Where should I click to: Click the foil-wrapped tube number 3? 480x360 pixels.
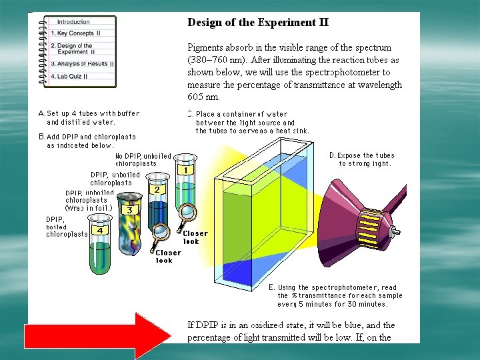[129, 223]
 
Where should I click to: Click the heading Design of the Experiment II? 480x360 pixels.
[257, 22]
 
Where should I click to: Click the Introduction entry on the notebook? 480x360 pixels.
[73, 22]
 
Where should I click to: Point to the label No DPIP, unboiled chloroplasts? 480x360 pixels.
[143, 159]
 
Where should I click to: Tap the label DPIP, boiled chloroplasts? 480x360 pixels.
[65, 227]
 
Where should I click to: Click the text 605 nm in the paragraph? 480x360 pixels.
[203, 97]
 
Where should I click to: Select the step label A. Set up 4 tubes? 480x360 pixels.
[89, 117]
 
